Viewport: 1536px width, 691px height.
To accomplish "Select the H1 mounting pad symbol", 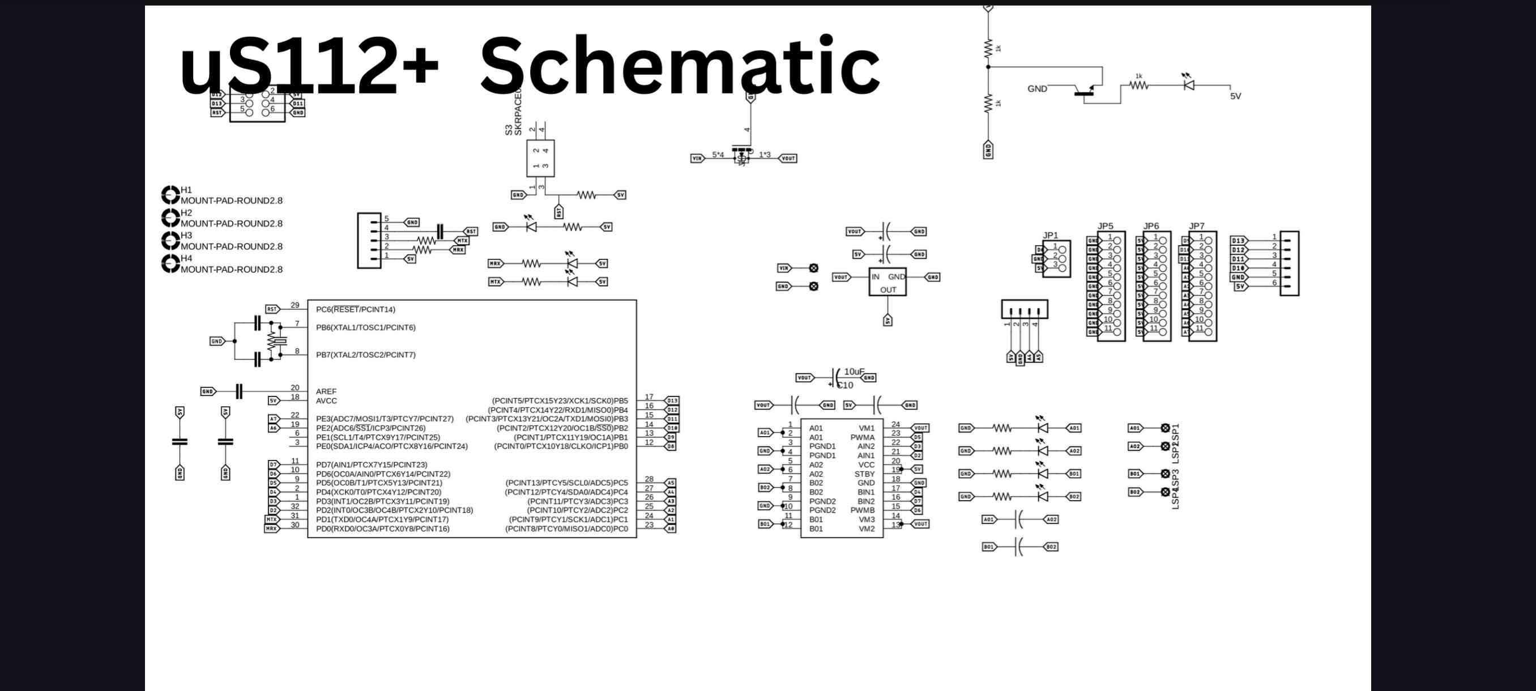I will pyautogui.click(x=170, y=195).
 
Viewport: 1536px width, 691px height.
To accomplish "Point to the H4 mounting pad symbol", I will pyautogui.click(x=170, y=263).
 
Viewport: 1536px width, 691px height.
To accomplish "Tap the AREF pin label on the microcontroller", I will pyautogui.click(x=326, y=392).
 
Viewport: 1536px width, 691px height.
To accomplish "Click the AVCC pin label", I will pyautogui.click(x=326, y=401).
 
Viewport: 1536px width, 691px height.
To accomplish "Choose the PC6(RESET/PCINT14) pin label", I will pyautogui.click(x=355, y=309).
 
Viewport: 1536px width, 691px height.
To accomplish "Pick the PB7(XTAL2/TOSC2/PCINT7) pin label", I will pyautogui.click(x=365, y=355).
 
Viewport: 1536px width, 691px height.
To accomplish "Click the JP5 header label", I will pyautogui.click(x=1105, y=226).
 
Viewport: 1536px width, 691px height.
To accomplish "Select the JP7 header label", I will pyautogui.click(x=1196, y=226).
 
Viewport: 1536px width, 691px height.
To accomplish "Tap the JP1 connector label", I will pyautogui.click(x=1050, y=236).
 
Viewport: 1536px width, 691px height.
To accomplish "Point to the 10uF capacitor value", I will pyautogui.click(x=854, y=372).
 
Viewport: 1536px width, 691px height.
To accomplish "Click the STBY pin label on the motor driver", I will pyautogui.click(x=864, y=474).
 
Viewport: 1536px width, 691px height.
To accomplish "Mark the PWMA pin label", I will pyautogui.click(x=862, y=438).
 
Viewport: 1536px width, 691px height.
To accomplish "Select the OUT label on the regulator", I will pyautogui.click(x=888, y=290).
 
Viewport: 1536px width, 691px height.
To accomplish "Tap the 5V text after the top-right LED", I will pyautogui.click(x=1235, y=96).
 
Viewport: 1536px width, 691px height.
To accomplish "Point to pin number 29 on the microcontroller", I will pyautogui.click(x=295, y=305).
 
